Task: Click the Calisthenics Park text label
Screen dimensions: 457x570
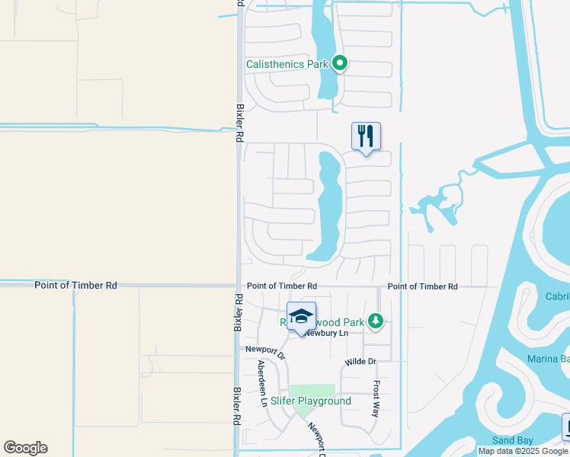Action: [x=287, y=65]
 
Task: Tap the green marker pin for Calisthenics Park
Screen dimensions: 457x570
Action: [x=341, y=63]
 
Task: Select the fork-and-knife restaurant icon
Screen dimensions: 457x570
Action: [x=366, y=136]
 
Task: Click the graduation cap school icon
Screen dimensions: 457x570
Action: [x=301, y=316]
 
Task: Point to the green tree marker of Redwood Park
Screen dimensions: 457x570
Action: [x=374, y=322]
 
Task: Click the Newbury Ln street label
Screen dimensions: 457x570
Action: [x=326, y=333]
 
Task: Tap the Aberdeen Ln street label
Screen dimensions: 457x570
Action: [x=264, y=382]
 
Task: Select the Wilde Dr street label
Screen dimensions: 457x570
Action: [x=360, y=361]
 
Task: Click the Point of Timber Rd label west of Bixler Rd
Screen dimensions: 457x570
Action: [x=75, y=285]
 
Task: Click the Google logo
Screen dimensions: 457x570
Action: [x=25, y=448]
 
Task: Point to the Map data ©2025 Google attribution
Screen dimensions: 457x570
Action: [x=524, y=451]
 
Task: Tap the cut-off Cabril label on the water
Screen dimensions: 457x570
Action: [x=557, y=296]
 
